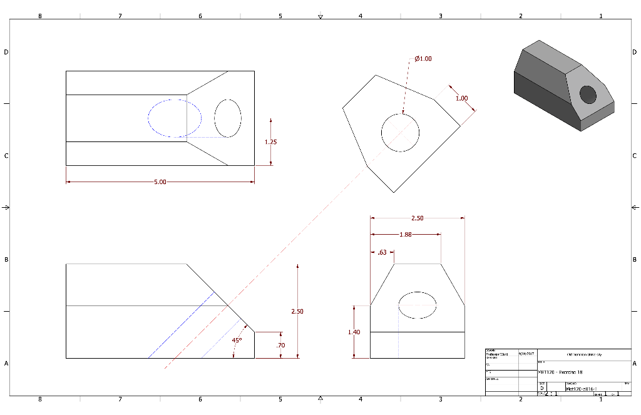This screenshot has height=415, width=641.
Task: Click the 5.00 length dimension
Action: tap(160, 182)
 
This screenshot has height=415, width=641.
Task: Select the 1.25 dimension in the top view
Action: tap(270, 141)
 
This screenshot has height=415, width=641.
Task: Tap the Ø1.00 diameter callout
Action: tap(423, 59)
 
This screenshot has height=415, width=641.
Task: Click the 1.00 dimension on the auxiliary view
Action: tap(461, 98)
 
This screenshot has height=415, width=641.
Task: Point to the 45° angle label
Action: tap(237, 341)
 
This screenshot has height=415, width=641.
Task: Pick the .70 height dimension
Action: tap(280, 345)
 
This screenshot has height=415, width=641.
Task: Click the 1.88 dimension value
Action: tap(406, 235)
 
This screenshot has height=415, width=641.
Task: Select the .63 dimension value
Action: tap(382, 253)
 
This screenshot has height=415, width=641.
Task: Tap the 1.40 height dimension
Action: tap(354, 332)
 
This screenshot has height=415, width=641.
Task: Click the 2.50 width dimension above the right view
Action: tap(417, 218)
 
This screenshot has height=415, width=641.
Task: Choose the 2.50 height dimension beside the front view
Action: tap(297, 311)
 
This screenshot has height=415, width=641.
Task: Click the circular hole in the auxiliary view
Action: tap(401, 133)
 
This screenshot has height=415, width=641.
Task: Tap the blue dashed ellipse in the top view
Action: tap(175, 118)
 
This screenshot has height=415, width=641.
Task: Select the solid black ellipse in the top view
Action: tap(228, 118)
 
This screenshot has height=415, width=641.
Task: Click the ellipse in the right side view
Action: tap(418, 305)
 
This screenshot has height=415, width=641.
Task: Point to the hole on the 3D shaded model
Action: tap(588, 95)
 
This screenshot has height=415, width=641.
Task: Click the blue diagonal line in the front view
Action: tap(182, 325)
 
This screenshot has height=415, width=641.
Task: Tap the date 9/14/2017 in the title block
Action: tap(526, 354)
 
